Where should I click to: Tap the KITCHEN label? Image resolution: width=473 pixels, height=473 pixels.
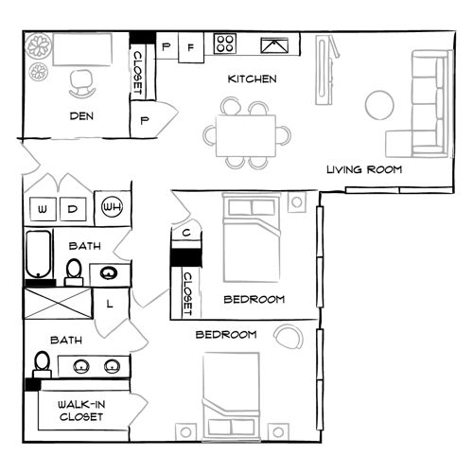(251, 79)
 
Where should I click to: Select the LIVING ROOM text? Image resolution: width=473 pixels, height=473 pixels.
(364, 170)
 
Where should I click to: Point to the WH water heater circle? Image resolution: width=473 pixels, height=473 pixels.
(112, 207)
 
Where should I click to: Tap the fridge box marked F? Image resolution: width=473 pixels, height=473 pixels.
(191, 45)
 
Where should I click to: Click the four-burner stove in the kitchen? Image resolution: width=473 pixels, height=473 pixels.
(226, 43)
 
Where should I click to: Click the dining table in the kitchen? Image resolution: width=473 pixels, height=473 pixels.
(246, 134)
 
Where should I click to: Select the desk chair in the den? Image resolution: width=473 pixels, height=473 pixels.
(81, 84)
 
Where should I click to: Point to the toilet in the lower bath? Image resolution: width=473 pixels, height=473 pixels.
(42, 363)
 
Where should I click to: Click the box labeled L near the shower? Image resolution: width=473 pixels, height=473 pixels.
(109, 304)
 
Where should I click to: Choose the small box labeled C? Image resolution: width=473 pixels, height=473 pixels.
(187, 233)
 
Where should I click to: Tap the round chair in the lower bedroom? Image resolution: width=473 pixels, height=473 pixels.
(287, 336)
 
